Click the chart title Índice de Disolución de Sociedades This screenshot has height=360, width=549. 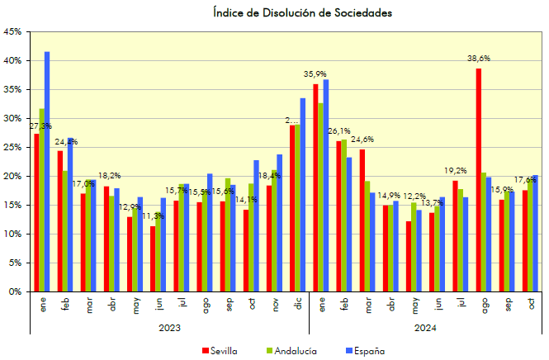pos(301,12)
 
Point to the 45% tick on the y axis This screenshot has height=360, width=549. pos(12,32)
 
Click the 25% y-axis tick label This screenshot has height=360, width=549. pos(12,148)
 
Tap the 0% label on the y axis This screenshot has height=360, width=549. pos(15,291)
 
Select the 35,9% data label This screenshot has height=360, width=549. pos(315,74)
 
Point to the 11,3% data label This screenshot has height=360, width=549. pos(152,216)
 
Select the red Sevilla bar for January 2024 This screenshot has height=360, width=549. pos(315,188)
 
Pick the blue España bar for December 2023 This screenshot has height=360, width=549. pos(303,195)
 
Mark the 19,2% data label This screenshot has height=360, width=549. pos(456,171)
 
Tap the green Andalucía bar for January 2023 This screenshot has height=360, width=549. pos(41,200)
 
